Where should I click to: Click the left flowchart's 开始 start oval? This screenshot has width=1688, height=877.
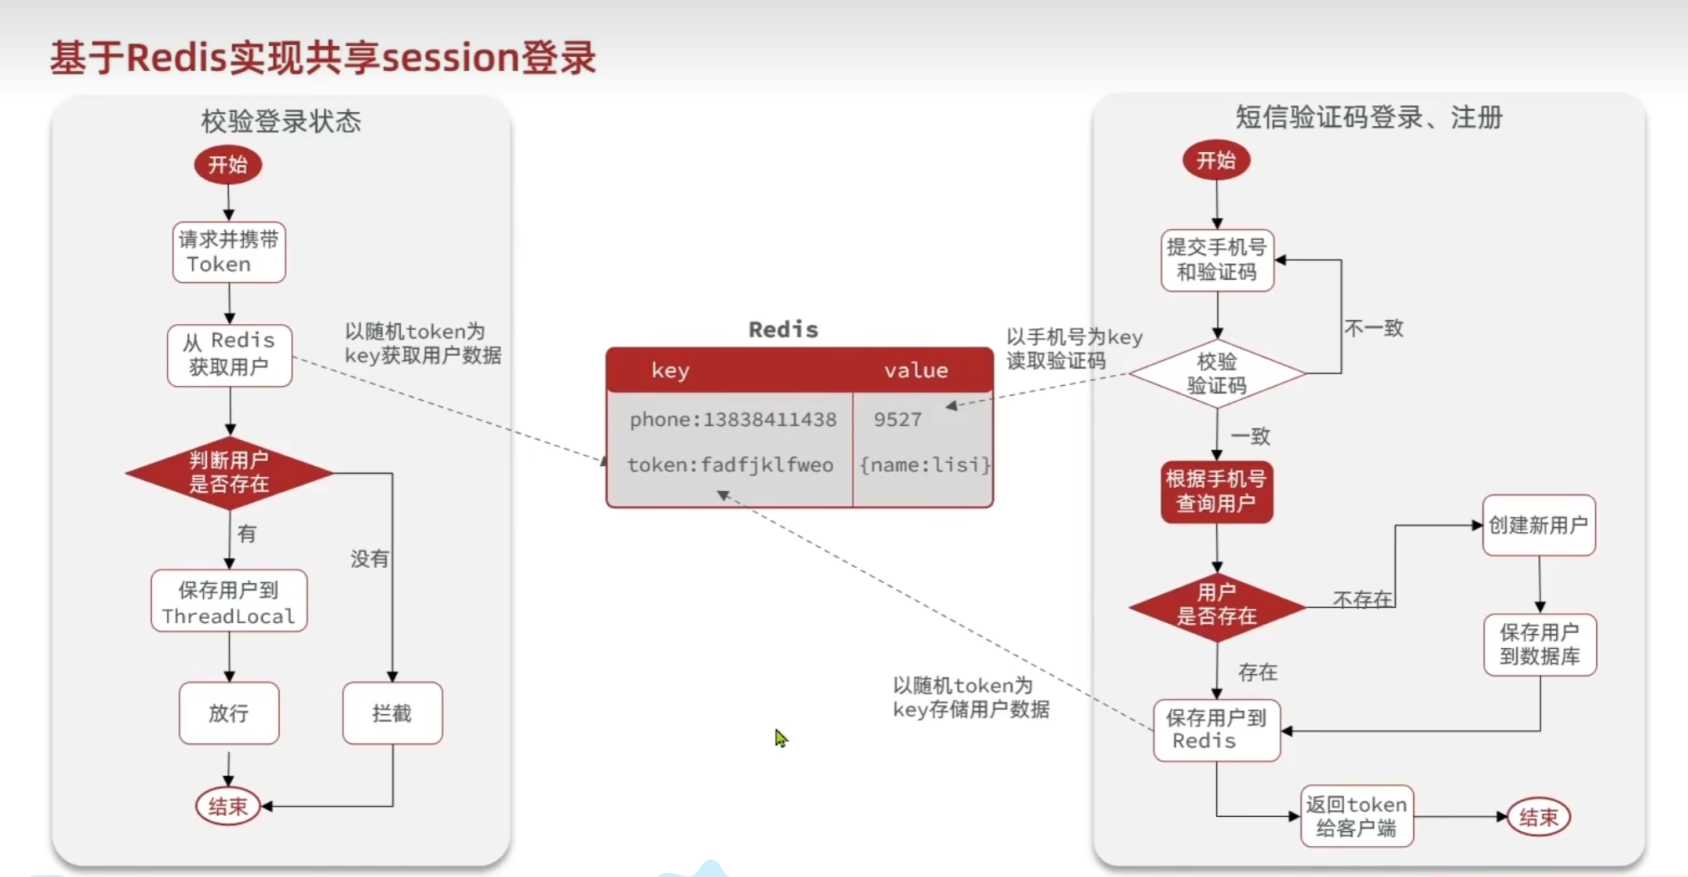point(227,165)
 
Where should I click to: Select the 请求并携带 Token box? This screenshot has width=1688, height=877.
point(229,252)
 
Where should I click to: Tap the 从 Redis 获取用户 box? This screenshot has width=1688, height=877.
point(230,354)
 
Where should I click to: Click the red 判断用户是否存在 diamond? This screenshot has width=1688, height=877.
point(229,473)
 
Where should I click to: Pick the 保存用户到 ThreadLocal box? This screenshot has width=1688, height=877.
point(229,602)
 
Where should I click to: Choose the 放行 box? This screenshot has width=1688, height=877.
point(229,713)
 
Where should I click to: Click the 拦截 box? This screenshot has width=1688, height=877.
point(392,713)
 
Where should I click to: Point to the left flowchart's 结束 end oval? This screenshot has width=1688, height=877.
point(227,806)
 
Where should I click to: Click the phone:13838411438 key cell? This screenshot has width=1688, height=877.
point(732,419)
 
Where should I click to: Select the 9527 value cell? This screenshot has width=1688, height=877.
point(898,419)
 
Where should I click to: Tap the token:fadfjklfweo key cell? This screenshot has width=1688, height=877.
point(730,465)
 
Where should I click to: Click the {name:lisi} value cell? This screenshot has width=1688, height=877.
point(924,465)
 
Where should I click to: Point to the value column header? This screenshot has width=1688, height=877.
point(915,370)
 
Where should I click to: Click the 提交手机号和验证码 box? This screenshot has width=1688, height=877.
point(1217,260)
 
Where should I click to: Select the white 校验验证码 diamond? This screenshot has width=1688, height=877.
point(1217,373)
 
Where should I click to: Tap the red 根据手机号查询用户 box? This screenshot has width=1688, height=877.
point(1216,491)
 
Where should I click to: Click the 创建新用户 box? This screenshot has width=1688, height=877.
point(1538,525)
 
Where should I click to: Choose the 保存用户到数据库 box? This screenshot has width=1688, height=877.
point(1539,644)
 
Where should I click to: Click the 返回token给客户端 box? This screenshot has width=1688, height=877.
point(1356,816)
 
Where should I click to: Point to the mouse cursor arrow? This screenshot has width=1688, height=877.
point(780,738)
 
